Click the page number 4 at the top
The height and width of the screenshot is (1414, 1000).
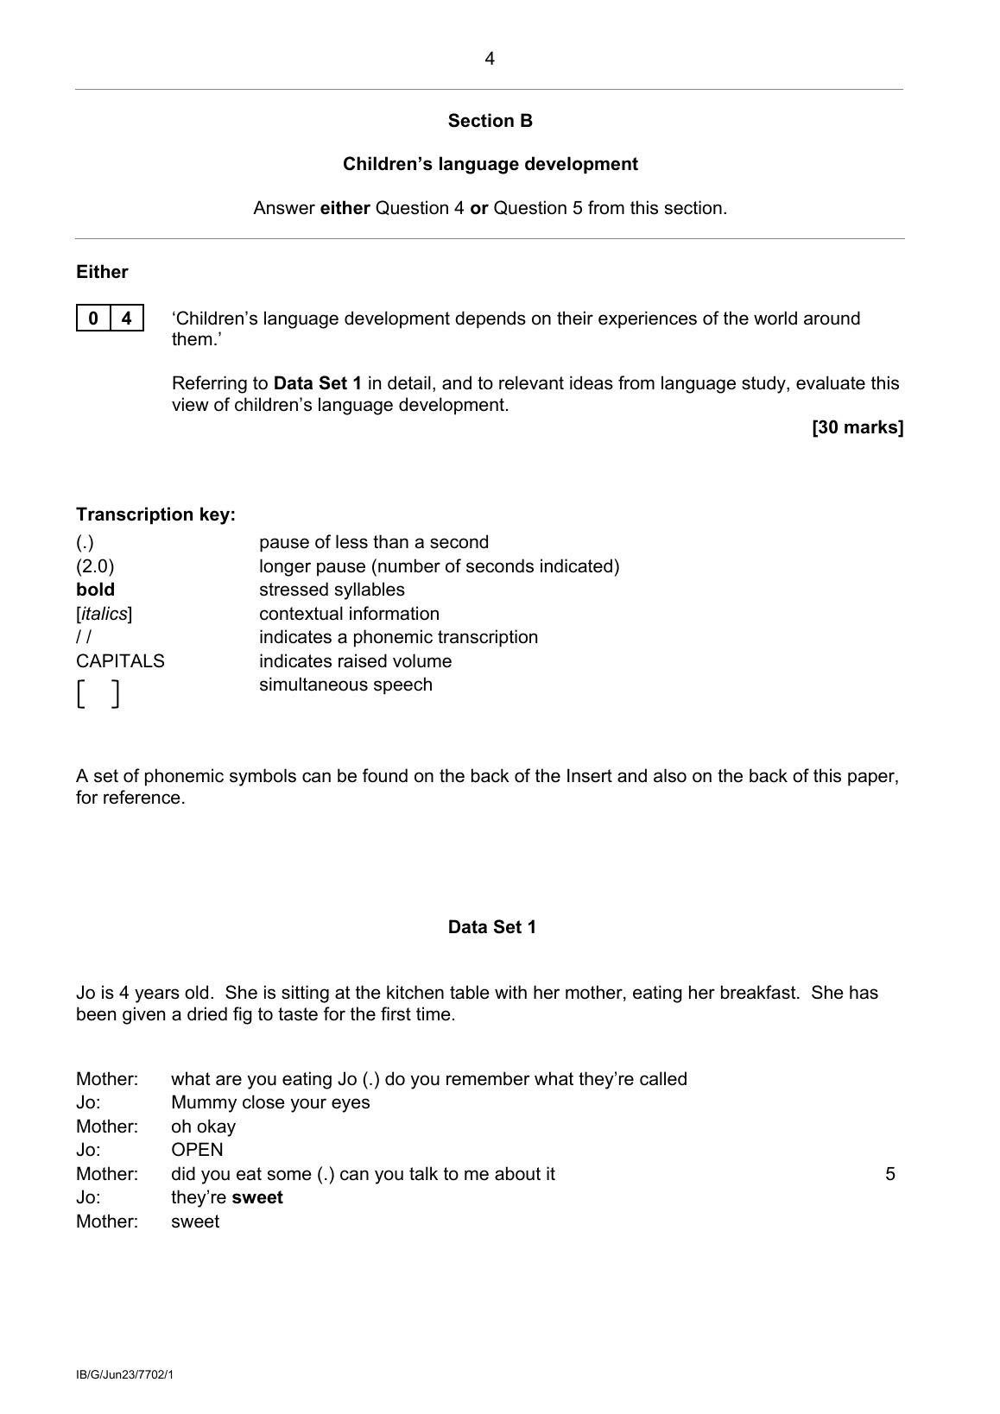point(490,60)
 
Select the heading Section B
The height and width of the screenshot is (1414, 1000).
point(490,122)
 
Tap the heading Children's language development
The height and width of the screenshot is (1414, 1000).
point(490,165)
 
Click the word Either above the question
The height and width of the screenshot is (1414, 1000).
point(102,273)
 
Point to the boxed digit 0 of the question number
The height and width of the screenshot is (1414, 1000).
point(93,319)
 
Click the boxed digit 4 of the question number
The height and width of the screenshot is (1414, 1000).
point(127,319)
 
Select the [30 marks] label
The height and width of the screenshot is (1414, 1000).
point(857,427)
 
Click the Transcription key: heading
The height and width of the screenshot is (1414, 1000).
point(155,515)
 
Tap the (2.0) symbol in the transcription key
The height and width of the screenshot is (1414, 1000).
point(95,567)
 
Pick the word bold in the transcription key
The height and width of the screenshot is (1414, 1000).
point(95,590)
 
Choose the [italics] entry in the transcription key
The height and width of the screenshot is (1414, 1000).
point(104,615)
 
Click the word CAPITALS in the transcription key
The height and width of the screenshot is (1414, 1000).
point(120,662)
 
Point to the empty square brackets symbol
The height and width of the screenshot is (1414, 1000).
point(97,694)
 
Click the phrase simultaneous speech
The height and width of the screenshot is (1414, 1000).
point(345,685)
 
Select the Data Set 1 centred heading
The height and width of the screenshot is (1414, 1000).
point(491,928)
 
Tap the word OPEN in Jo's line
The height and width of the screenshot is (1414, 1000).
point(197,1151)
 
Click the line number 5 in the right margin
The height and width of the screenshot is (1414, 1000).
point(890,1175)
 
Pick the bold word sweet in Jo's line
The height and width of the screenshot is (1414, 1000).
point(257,1198)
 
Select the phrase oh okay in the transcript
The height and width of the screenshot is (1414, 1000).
point(203,1127)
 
